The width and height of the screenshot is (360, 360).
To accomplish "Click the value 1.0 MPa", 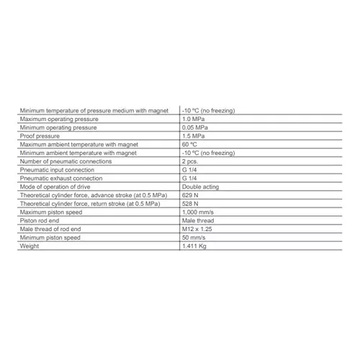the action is pos(193,118).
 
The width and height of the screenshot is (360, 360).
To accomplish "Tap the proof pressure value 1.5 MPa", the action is pos(193,135).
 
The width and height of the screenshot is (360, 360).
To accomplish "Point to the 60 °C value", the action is pos(190,144).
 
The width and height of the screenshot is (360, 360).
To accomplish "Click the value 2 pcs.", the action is pos(191,161).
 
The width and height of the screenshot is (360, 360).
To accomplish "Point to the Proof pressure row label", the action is pos(40,135).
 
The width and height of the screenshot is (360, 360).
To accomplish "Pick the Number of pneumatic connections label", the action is pos(63,161).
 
